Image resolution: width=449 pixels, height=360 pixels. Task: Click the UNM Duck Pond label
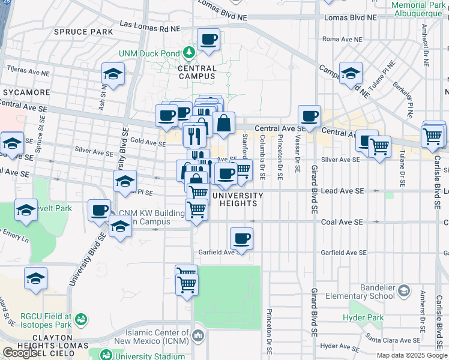pyautogui.click(x=149, y=53)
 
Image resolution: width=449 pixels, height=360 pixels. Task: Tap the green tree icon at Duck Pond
pyautogui.click(x=190, y=53)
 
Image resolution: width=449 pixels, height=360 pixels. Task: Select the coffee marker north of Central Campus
pyautogui.click(x=208, y=40)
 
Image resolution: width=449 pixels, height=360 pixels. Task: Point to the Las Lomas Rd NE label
pyautogui.click(x=150, y=25)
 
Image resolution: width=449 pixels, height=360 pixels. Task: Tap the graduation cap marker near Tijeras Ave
pyautogui.click(x=113, y=74)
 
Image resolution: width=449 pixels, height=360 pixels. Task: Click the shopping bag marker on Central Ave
pyautogui.click(x=223, y=124)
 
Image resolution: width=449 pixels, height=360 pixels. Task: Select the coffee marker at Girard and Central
pyautogui.click(x=310, y=116)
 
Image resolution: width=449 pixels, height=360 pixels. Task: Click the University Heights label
pyautogui.click(x=238, y=199)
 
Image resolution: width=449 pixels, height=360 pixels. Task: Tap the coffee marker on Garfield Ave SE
pyautogui.click(x=241, y=239)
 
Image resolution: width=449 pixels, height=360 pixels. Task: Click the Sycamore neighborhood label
pyautogui.click(x=27, y=92)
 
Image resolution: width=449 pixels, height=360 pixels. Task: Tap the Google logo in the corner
pyautogui.click(x=20, y=353)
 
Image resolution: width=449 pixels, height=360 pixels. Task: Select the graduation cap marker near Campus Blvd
pyautogui.click(x=351, y=74)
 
